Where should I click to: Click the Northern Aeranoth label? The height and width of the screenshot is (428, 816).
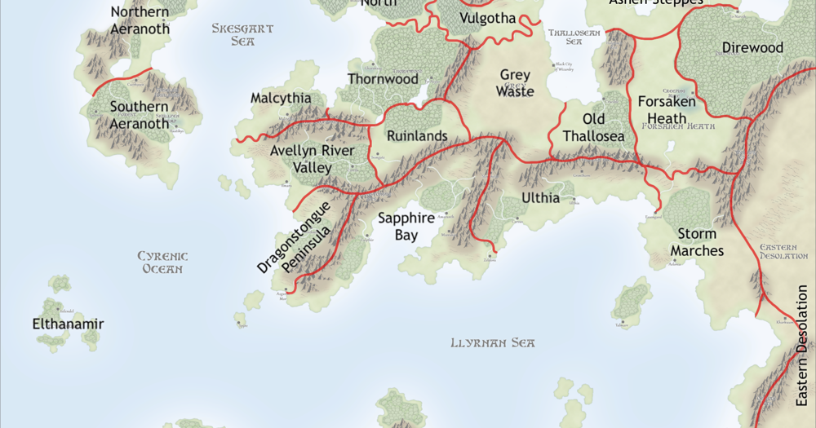tap(140, 20)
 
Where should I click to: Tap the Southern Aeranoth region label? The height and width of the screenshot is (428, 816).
tap(140, 115)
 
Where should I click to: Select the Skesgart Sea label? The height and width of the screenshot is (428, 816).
tap(242, 34)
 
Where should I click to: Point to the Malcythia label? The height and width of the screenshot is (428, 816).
tap(281, 98)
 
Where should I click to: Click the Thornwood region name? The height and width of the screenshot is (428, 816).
tap(383, 79)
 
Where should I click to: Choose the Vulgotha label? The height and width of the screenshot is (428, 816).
tap(488, 18)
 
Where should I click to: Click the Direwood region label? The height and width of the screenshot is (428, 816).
tap(752, 48)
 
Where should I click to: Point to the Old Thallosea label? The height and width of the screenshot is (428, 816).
tap(593, 128)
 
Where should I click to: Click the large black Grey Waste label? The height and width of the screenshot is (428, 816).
tap(516, 83)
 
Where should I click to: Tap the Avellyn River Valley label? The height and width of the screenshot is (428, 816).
tap(313, 160)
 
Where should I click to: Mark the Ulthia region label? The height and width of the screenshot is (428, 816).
tap(541, 198)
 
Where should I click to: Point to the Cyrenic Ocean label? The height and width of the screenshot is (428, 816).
tap(162, 263)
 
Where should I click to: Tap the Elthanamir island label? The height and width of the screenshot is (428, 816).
tap(69, 324)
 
